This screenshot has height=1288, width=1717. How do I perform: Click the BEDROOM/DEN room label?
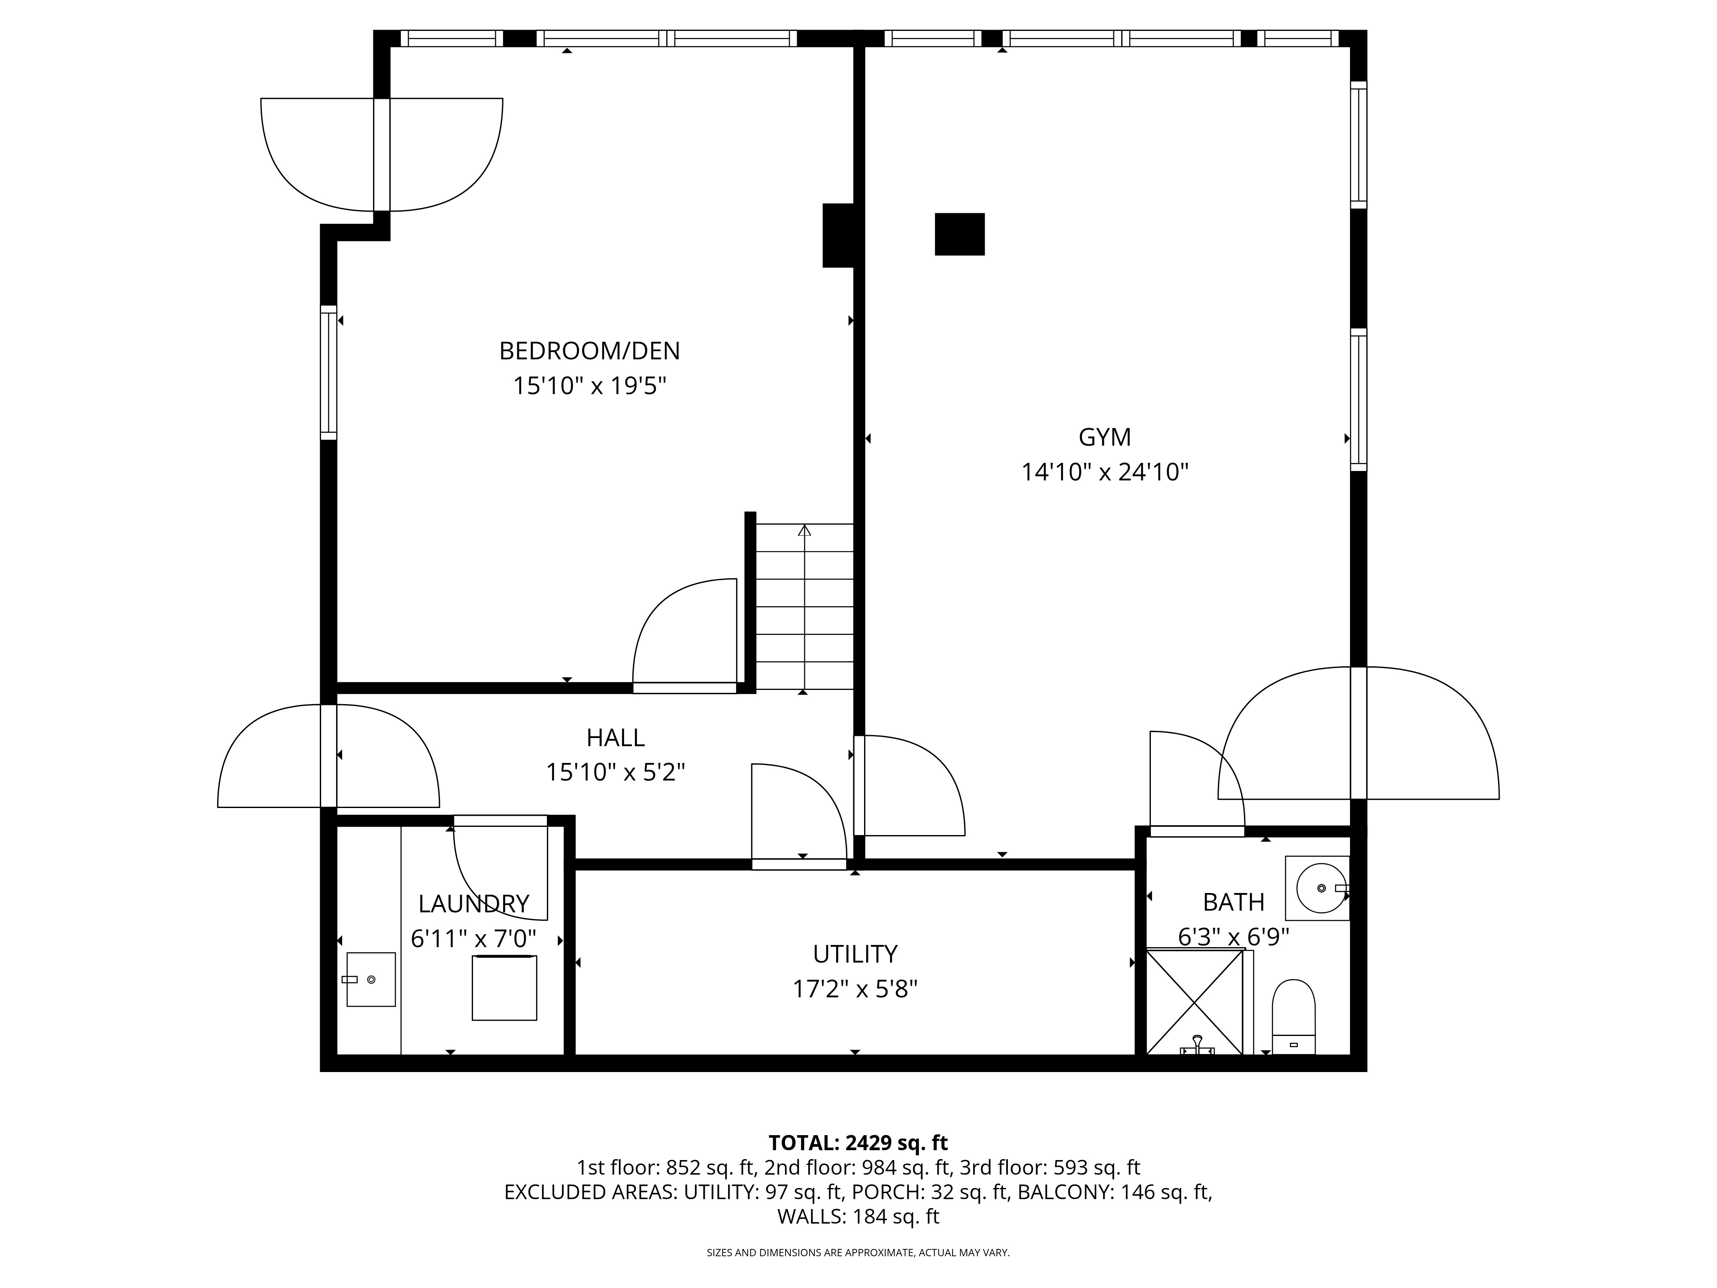589,351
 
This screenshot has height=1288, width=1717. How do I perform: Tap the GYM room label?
1104,437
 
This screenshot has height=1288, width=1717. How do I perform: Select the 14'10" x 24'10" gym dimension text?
1104,472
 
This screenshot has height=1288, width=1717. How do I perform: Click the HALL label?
616,737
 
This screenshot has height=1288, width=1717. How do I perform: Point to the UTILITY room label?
855,954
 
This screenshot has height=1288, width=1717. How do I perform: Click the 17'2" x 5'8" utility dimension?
855,989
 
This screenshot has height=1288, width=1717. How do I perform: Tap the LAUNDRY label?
473,904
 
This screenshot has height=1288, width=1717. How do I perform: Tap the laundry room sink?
370,979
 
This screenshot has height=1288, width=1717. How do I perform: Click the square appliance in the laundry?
504,987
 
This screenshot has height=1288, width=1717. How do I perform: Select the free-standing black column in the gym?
959,234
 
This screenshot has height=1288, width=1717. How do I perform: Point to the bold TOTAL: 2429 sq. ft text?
858,1143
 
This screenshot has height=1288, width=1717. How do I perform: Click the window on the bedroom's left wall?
328,373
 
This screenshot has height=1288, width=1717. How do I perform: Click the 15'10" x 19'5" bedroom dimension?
590,386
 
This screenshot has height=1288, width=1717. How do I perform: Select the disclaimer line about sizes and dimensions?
858,1252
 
